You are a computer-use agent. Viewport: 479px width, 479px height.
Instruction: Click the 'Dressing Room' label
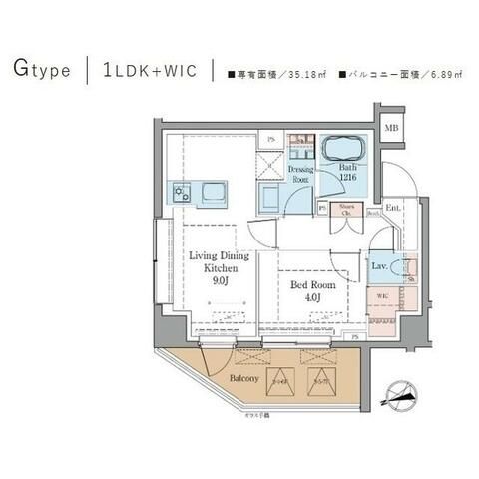[302, 174]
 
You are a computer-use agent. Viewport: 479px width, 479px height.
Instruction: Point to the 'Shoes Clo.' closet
[347, 210]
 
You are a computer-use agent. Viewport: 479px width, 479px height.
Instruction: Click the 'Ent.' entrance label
[392, 207]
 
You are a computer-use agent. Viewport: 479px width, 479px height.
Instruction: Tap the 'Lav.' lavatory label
[380, 267]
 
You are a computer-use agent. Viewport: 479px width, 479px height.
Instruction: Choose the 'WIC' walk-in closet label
[382, 297]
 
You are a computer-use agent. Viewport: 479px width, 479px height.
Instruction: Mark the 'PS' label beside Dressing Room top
[270, 138]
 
